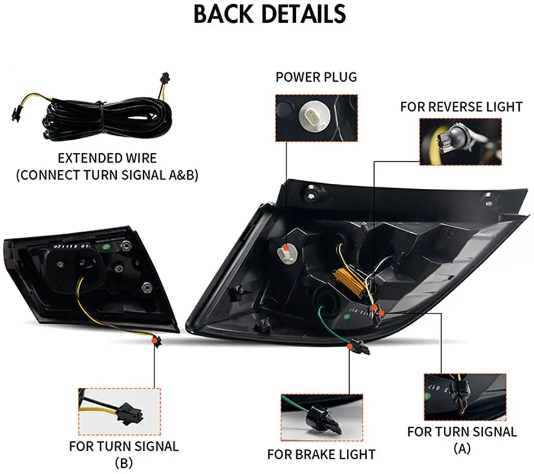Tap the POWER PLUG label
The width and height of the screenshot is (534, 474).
tap(316, 77)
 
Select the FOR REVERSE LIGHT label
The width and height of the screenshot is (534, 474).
tap(461, 107)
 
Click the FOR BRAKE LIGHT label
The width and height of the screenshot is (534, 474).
tap(321, 454)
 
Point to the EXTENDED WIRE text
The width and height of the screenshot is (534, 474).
tap(107, 158)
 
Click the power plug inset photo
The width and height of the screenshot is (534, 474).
tap(316, 117)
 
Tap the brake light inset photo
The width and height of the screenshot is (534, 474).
tap(321, 417)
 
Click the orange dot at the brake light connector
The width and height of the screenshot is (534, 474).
tap(351, 343)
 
